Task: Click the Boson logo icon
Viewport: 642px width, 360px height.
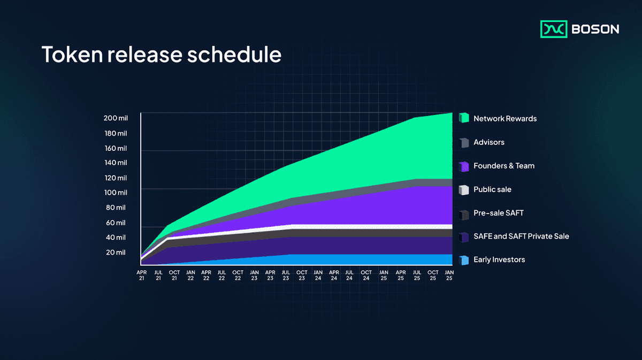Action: click(554, 29)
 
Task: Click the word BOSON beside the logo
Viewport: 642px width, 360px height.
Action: click(595, 29)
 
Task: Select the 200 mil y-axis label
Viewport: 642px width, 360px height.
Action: click(115, 118)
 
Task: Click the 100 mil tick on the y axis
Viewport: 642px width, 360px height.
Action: click(115, 193)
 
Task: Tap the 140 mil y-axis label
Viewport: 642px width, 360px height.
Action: click(115, 163)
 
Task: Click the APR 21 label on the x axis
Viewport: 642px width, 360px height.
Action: click(142, 275)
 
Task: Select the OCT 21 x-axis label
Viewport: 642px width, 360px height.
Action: click(174, 275)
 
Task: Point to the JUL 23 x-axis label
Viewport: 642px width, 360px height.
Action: click(286, 275)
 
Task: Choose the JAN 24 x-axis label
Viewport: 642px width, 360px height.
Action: click(318, 275)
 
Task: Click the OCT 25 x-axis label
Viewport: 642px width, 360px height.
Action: click(433, 275)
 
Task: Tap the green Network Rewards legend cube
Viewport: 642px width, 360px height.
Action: click(464, 118)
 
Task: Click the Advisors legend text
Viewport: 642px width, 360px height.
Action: click(488, 142)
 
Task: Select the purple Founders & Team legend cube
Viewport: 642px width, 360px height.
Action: click(464, 166)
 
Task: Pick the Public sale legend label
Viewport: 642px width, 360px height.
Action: click(492, 189)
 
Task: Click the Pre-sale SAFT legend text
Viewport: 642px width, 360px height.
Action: click(498, 213)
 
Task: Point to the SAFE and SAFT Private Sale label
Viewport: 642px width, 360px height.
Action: click(521, 236)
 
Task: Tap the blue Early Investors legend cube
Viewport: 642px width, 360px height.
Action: click(464, 260)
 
